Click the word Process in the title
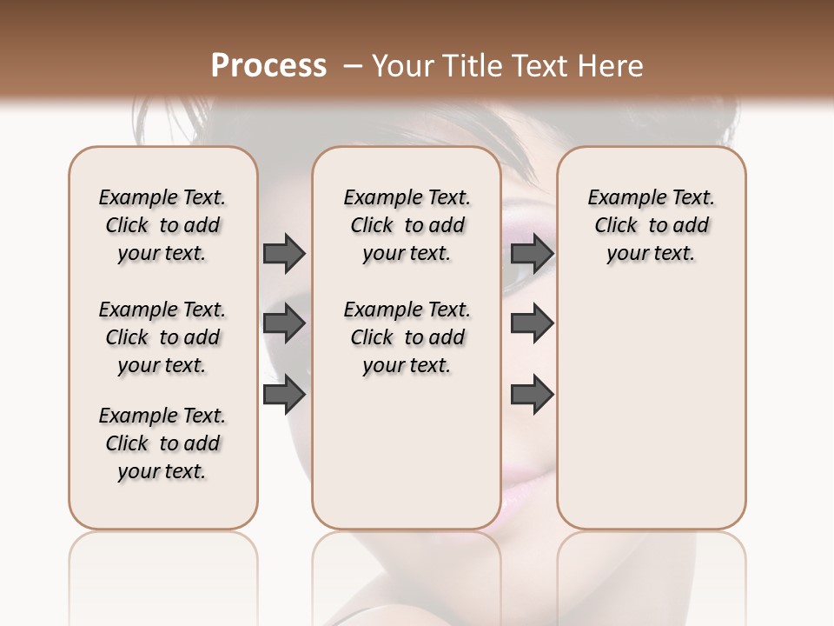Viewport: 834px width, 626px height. point(268,66)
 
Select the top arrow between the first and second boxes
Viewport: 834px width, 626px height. point(284,253)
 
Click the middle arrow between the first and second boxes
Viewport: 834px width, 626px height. point(284,324)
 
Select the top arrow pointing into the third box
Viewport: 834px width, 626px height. point(532,253)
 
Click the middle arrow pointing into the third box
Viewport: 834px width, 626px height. point(532,324)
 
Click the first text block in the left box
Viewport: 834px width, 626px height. point(162,225)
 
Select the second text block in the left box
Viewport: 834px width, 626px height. point(162,337)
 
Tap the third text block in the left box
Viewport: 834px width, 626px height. point(162,443)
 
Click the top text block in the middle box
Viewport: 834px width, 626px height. point(407,225)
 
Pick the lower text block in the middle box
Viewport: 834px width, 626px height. point(407,337)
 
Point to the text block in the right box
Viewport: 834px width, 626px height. point(651,225)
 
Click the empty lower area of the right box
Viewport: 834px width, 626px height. point(651,409)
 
